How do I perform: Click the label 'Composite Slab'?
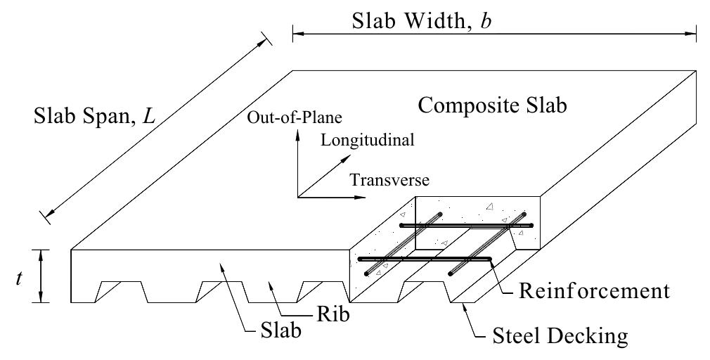491,106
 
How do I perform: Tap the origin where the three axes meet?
298,197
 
